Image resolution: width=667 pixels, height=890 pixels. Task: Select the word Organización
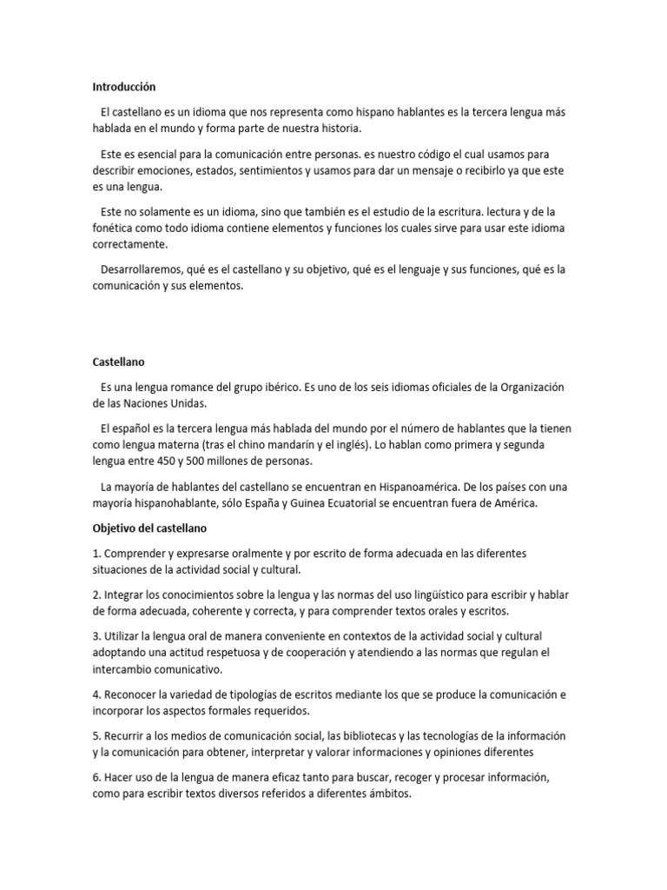pos(532,387)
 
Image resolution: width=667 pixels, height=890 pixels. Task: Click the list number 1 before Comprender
pos(96,554)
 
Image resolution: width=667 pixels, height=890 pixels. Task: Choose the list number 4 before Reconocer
pos(96,694)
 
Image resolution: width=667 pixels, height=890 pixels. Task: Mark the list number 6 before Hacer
pos(96,778)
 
